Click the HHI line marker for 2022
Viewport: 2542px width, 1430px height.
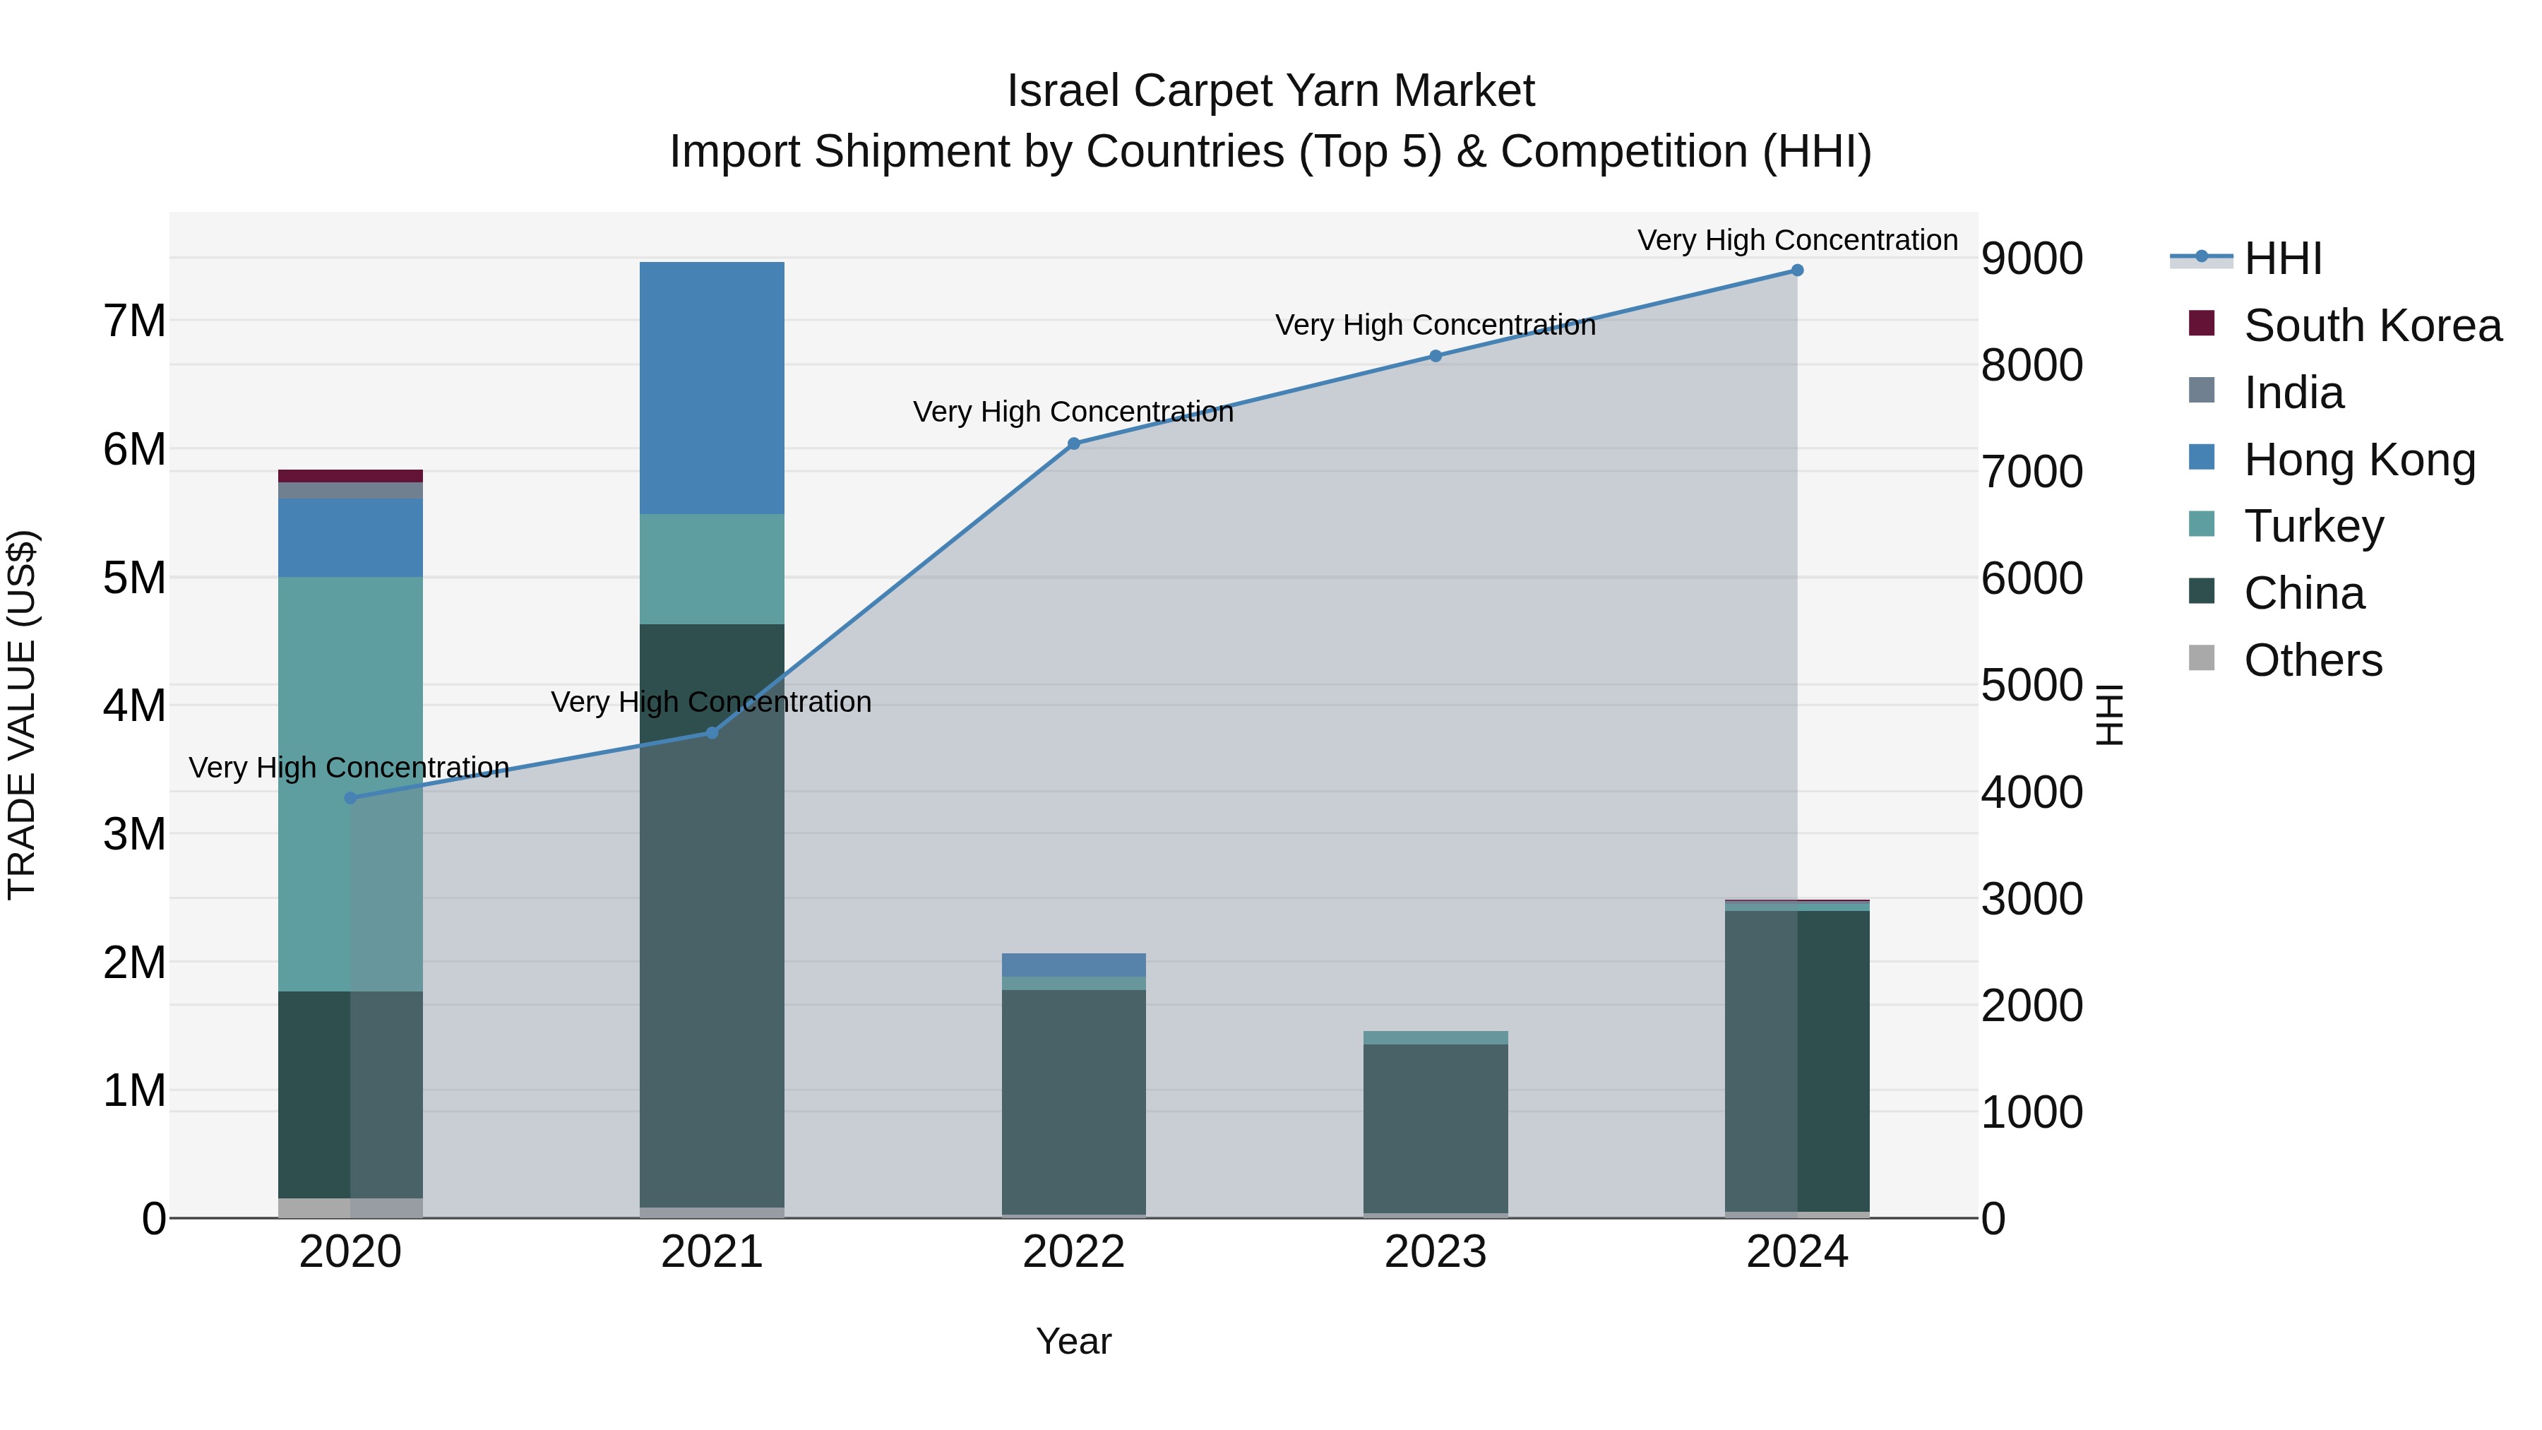[1073, 444]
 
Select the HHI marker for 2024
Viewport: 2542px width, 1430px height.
[1797, 270]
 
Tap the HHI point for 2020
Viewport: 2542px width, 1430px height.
[350, 797]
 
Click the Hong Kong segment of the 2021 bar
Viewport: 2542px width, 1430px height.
[712, 388]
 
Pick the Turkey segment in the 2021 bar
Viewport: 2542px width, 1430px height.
[712, 568]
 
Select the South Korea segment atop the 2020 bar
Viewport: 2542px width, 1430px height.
[350, 476]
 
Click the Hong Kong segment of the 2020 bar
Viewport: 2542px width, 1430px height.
[350, 538]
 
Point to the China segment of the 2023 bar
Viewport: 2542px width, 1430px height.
[1436, 1128]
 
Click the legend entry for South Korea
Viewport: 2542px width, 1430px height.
[2373, 326]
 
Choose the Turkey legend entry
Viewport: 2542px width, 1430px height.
[2313, 526]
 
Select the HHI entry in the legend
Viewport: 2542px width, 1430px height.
[2282, 258]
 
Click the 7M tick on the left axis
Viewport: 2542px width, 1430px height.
[134, 321]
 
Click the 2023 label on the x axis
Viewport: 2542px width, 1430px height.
[1436, 1252]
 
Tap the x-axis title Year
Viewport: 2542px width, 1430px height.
[1073, 1341]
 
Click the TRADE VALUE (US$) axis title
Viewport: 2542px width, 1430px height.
[22, 715]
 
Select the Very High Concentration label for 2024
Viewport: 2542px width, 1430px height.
[1797, 240]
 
